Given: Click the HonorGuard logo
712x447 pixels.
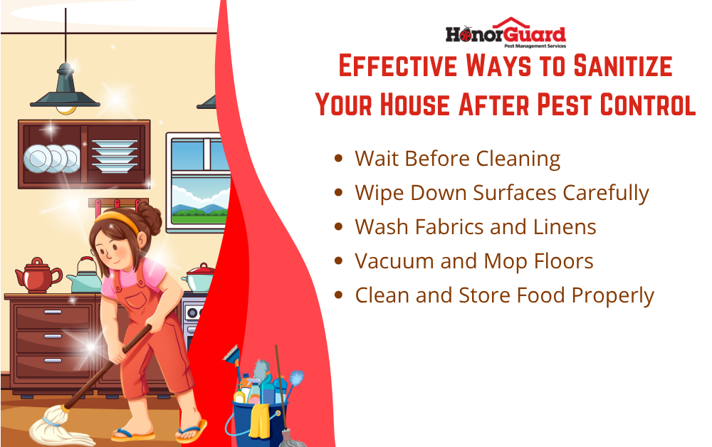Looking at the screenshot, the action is (506, 33).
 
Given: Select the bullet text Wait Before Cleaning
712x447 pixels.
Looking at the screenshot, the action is (458, 159).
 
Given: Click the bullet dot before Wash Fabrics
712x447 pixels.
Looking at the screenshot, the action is (338, 226).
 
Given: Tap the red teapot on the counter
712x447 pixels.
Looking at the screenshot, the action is (38, 275).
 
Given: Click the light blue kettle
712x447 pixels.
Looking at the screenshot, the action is (85, 276).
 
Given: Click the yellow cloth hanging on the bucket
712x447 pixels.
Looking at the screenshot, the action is (260, 421).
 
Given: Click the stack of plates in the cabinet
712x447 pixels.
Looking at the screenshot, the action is (115, 156).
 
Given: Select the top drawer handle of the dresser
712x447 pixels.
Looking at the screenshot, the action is (53, 312).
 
